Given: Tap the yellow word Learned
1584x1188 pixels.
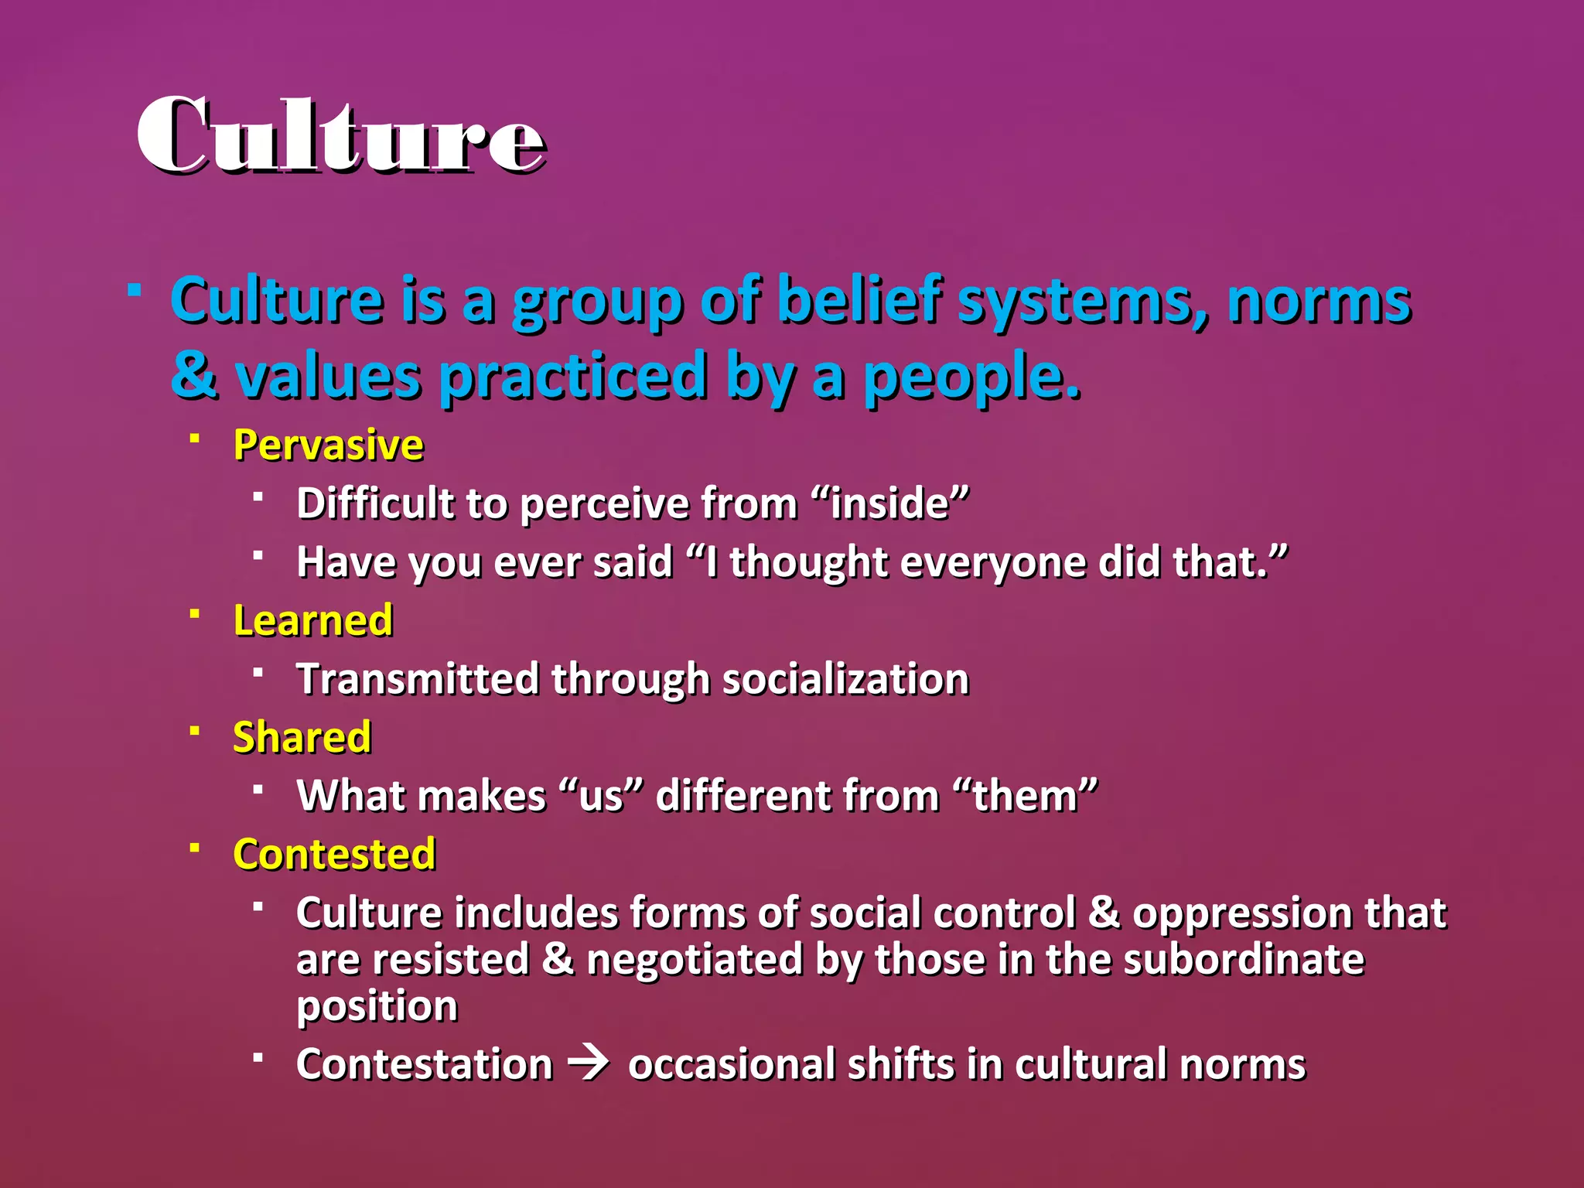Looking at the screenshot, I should click(313, 620).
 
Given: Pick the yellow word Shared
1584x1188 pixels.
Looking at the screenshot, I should click(302, 737).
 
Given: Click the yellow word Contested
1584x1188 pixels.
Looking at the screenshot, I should click(334, 854).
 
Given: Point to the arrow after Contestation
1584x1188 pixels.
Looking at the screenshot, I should click(589, 1063).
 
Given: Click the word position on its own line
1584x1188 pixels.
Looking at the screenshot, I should click(377, 1006).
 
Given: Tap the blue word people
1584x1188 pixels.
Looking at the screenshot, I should click(971, 377).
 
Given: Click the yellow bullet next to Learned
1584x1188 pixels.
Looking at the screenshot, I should click(195, 613).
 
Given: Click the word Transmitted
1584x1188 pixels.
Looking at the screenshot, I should click(417, 679).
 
